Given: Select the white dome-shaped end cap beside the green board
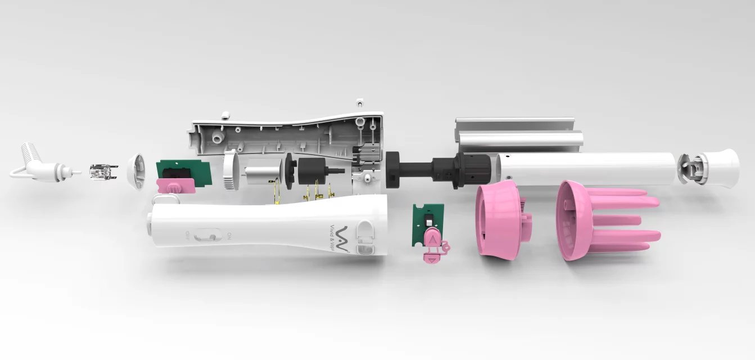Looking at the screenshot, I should [137, 170].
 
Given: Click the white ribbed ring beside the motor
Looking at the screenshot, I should [232, 170].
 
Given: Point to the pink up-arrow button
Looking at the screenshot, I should [432, 238].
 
